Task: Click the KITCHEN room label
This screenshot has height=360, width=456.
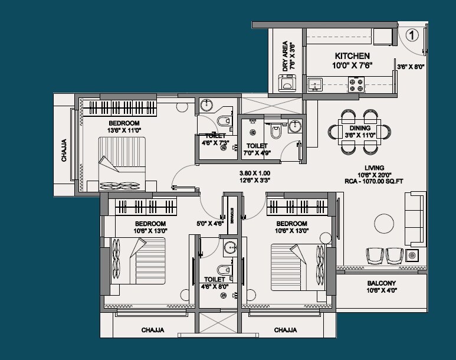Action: tap(352, 55)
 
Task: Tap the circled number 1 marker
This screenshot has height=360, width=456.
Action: tap(412, 35)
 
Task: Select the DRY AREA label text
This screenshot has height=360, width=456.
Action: tap(286, 56)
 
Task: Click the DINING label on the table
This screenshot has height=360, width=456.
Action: tap(360, 128)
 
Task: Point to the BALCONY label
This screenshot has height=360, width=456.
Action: tap(381, 283)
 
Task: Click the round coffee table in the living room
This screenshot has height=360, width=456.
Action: tap(384, 224)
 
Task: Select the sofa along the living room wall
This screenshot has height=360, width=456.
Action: tap(415, 220)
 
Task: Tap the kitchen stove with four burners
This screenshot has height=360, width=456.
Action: tap(356, 86)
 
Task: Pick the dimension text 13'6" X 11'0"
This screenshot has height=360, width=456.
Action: tap(124, 130)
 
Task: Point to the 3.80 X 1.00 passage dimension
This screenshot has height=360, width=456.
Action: tap(254, 174)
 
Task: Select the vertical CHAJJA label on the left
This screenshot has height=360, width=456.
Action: tap(64, 150)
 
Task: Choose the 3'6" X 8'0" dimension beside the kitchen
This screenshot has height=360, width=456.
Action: tap(411, 67)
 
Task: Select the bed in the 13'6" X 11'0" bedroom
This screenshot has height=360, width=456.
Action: tap(122, 163)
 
